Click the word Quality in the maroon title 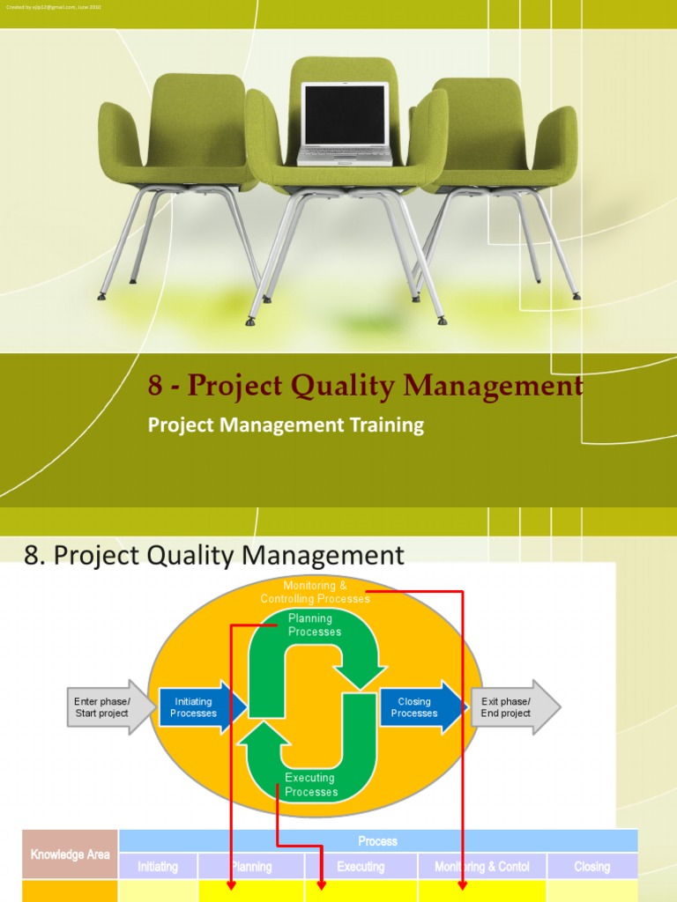tap(341, 386)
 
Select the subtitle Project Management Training tap(286, 425)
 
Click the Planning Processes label tap(315, 625)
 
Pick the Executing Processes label tap(311, 785)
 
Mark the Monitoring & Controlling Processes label tap(315, 592)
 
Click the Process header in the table tap(377, 841)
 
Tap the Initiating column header tap(158, 867)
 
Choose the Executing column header tap(361, 867)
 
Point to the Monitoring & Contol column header tap(482, 867)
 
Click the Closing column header tap(591, 867)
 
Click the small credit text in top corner tap(53, 7)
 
